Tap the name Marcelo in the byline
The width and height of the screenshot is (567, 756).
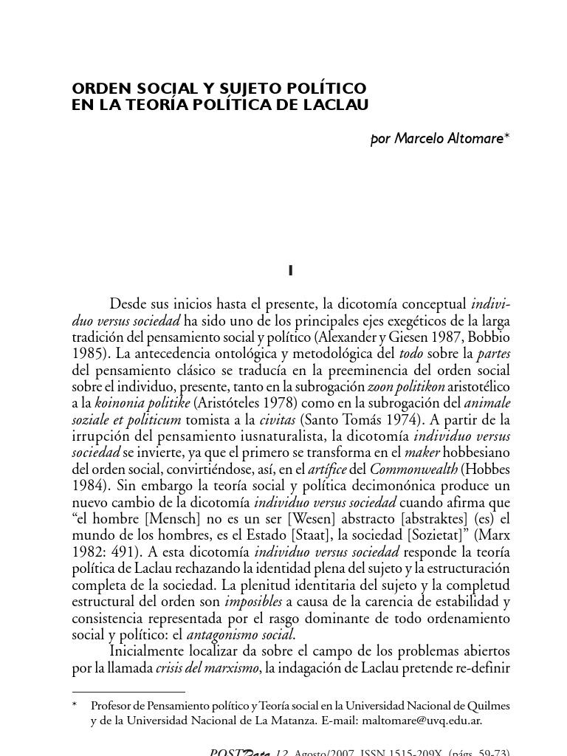click(x=422, y=138)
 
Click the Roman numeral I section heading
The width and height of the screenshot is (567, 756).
click(x=291, y=271)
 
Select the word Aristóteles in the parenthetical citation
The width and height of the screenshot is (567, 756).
click(x=225, y=402)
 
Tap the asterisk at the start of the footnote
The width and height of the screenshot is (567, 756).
click(x=75, y=705)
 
